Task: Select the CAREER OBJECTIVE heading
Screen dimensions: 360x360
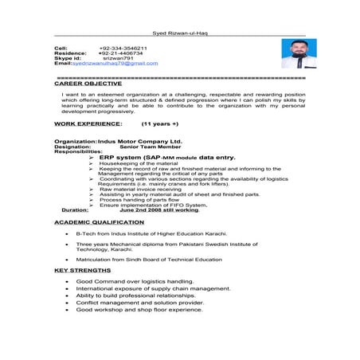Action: (88, 83)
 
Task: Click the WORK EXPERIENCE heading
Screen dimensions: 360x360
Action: (88, 124)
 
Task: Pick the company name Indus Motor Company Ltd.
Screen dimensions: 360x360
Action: (139, 140)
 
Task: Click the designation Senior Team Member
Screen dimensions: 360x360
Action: (151, 146)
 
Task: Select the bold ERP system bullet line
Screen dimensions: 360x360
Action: (167, 158)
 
